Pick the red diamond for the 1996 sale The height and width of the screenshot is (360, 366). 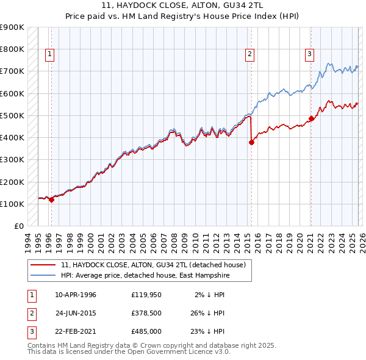pyautogui.click(x=51, y=200)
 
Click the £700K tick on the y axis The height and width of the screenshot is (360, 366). pyautogui.click(x=12, y=71)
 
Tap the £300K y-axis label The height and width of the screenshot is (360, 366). pyautogui.click(x=12, y=160)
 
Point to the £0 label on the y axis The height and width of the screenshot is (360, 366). pyautogui.click(x=18, y=226)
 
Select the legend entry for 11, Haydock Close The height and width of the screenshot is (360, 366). pyautogui.click(x=153, y=265)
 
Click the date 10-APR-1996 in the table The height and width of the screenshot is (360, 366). pyautogui.click(x=76, y=294)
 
